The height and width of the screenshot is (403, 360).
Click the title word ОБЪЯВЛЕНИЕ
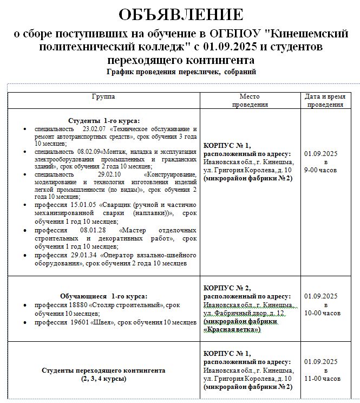(181, 15)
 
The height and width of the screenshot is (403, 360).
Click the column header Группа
(103, 96)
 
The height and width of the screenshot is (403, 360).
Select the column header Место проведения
(250, 100)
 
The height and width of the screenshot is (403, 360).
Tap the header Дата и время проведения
(325, 100)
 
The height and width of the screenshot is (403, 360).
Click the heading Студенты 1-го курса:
(104, 120)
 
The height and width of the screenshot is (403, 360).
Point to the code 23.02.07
(95, 129)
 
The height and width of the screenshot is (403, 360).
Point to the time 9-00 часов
(320, 170)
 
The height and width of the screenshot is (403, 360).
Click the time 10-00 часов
(323, 313)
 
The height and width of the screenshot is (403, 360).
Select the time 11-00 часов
(323, 378)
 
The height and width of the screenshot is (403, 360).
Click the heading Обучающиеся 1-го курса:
(104, 297)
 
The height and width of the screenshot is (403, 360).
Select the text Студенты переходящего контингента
(103, 370)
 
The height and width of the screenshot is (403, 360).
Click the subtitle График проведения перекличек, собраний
(181, 72)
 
